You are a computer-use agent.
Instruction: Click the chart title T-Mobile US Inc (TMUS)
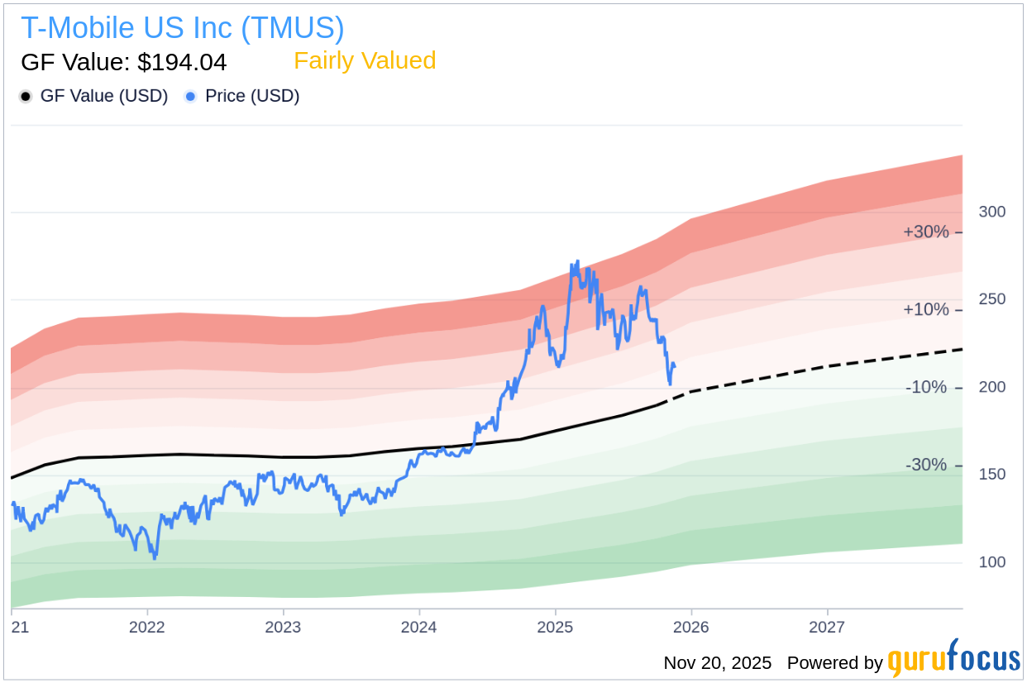point(182,28)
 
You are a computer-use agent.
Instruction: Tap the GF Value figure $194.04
point(124,62)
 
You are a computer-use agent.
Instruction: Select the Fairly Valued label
point(365,60)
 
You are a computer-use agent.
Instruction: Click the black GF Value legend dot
point(26,97)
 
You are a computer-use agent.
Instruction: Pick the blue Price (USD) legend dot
point(190,97)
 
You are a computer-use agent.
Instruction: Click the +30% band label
point(926,232)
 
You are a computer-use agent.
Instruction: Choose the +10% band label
point(926,310)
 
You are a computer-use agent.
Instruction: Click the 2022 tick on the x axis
point(147,627)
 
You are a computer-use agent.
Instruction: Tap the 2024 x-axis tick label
point(419,627)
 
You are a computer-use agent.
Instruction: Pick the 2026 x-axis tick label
point(691,627)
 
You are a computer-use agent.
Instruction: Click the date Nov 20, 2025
point(717,663)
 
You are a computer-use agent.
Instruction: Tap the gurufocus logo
point(953,660)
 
